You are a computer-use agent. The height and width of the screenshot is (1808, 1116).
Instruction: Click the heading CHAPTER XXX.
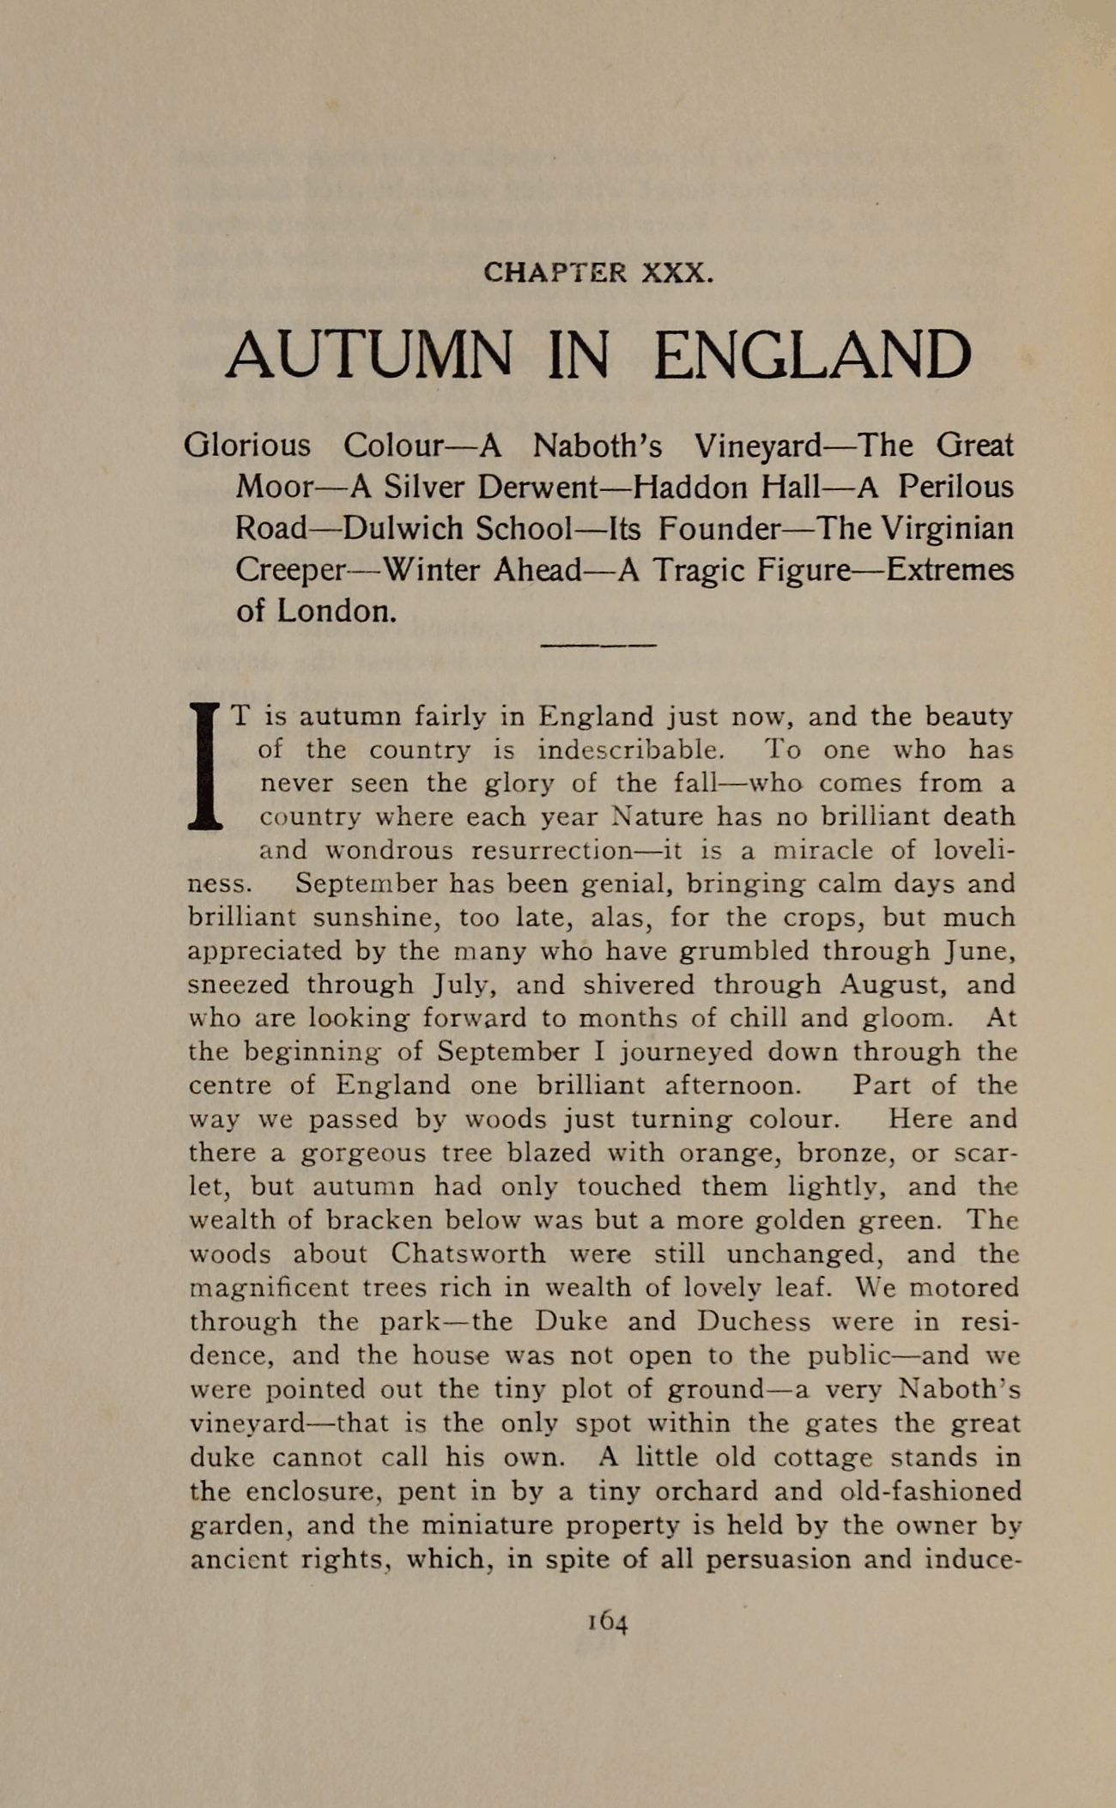[x=598, y=273]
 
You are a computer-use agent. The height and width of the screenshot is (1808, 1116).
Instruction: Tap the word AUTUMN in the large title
[x=370, y=355]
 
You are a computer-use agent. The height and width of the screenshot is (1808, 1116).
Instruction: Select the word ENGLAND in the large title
[x=812, y=355]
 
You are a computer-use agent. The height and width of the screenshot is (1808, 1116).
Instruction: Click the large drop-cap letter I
[x=204, y=765]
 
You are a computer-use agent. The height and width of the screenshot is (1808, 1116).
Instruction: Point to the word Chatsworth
[x=468, y=1254]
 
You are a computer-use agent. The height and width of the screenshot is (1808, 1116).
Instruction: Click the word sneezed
[x=238, y=985]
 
